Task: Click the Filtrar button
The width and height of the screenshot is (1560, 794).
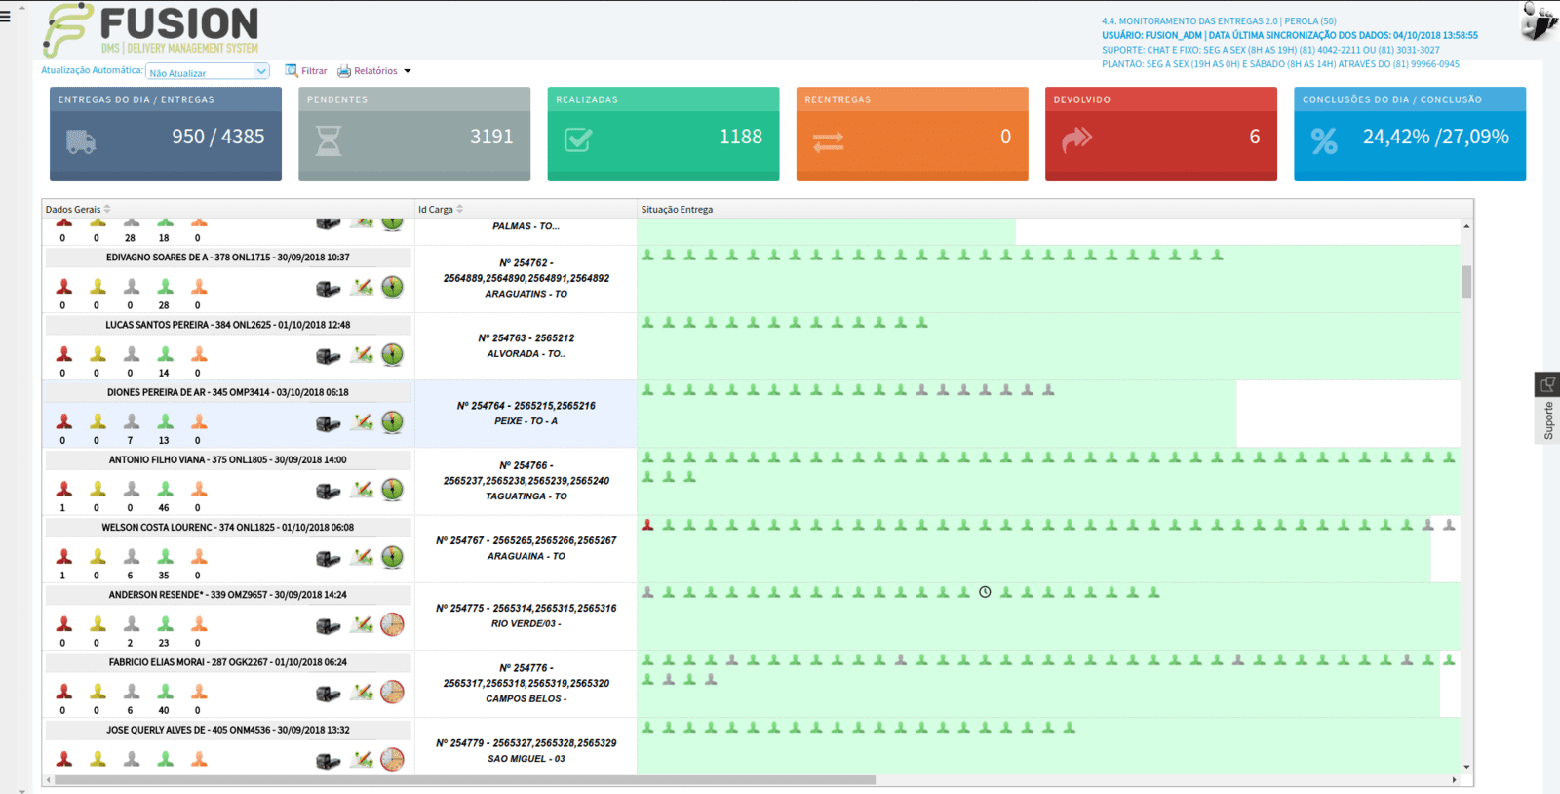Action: coord(306,71)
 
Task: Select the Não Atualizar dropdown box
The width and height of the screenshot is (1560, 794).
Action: coord(208,72)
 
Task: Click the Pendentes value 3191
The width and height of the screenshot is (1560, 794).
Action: coord(491,137)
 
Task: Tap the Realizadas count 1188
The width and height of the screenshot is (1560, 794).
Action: coord(740,137)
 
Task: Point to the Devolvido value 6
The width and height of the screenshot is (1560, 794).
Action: coord(1254,137)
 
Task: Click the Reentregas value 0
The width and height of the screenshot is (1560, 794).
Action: coord(1005,137)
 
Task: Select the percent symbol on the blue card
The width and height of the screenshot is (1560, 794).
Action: coord(1324,141)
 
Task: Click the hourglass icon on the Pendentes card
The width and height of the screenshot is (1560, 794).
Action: coord(329,140)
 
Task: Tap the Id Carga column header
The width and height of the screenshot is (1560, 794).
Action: coord(435,209)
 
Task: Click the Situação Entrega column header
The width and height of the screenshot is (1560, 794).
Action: coord(677,209)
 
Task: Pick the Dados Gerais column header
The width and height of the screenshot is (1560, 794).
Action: coord(73,209)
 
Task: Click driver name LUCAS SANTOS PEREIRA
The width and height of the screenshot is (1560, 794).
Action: coord(157,325)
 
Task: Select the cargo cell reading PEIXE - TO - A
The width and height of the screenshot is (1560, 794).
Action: coord(526,421)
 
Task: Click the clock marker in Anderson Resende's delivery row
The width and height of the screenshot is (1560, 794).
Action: coord(985,592)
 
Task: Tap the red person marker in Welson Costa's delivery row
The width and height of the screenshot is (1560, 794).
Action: coord(647,525)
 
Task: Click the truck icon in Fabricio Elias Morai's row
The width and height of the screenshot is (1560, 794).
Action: coord(328,693)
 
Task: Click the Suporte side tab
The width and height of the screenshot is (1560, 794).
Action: coord(1547,408)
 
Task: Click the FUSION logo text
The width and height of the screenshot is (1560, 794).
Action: coord(179,23)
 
